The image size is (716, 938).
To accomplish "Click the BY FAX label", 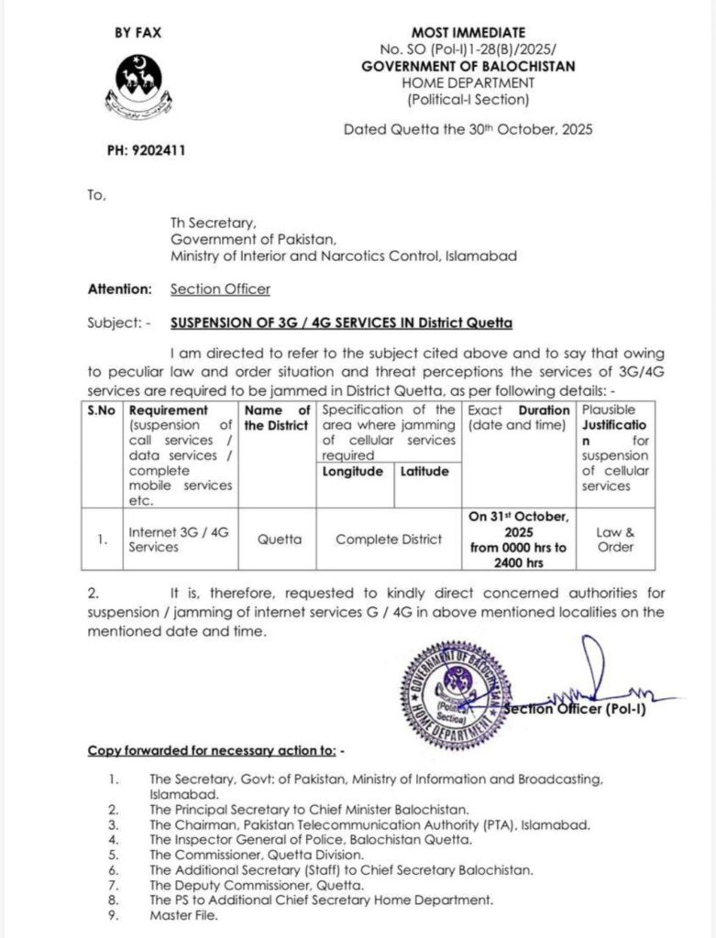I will [138, 32].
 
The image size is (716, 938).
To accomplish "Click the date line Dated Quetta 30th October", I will [468, 129].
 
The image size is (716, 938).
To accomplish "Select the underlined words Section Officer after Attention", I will [220, 289].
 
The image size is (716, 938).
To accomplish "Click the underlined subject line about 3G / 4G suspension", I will [342, 323].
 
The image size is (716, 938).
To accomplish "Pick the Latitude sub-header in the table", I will [424, 472].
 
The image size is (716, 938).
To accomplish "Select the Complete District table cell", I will [388, 540].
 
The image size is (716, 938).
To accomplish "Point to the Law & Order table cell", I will [615, 540].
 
